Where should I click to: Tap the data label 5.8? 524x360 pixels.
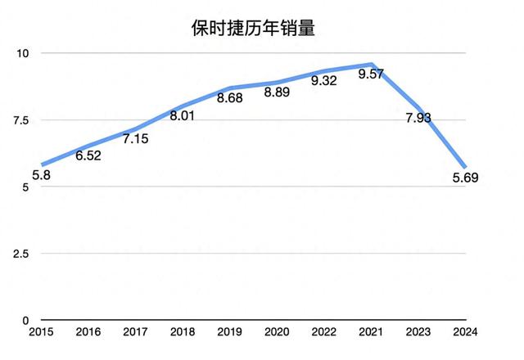click(x=42, y=175)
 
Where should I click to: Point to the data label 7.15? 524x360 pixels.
click(x=135, y=139)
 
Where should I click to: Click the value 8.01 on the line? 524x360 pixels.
click(x=183, y=115)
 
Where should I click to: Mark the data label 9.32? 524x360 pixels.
click(x=324, y=82)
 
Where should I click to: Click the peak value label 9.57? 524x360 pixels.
click(x=370, y=74)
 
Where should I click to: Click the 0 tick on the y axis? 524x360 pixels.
click(x=25, y=321)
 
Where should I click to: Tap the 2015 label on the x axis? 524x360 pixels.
click(x=41, y=333)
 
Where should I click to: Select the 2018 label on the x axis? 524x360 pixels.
click(x=183, y=333)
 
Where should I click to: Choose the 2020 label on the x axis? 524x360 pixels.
click(x=278, y=333)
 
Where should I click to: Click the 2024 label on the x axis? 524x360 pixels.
click(x=466, y=333)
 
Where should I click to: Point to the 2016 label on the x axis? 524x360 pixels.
click(x=88, y=333)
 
